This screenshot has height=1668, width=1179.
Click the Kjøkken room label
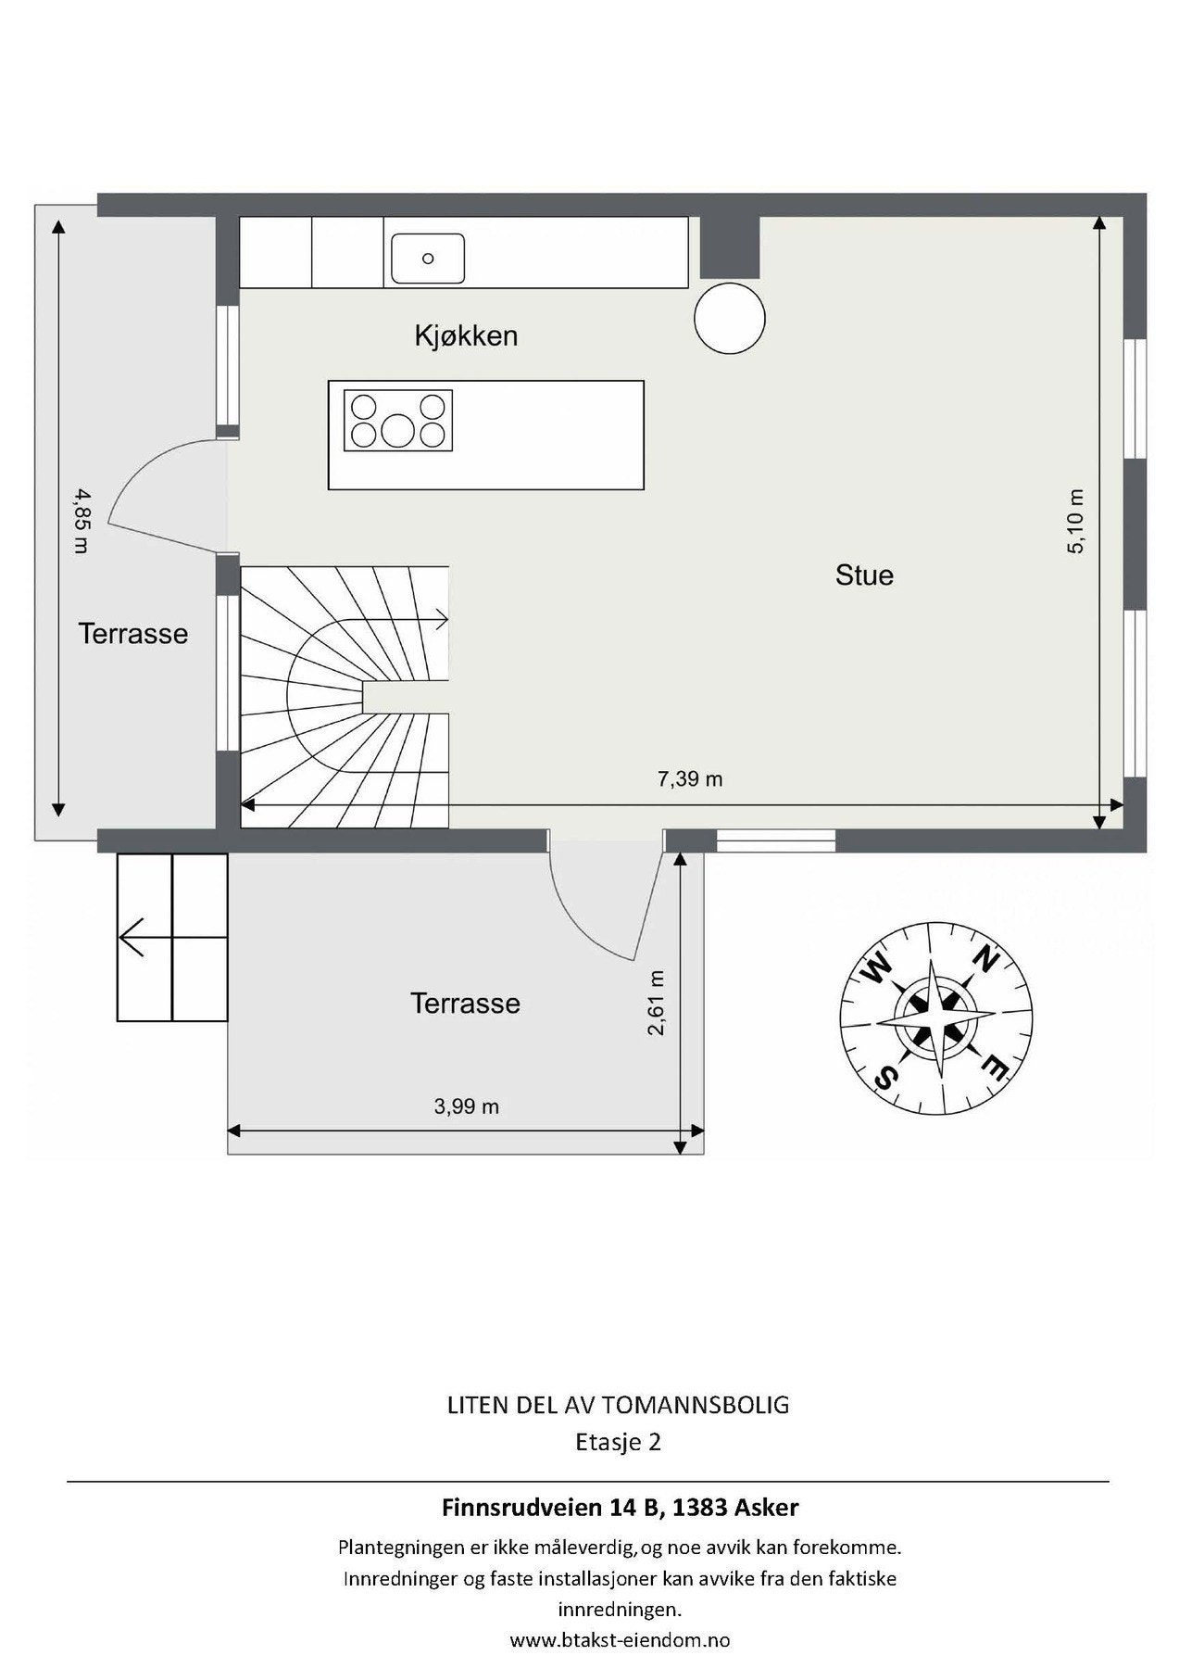coord(466,335)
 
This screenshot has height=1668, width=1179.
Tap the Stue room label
coord(864,575)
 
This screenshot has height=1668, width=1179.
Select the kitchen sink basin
coord(427,259)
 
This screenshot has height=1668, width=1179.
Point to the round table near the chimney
coord(730,317)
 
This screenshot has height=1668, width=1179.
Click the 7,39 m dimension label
coord(690,779)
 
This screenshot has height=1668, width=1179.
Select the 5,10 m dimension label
coord(1075,522)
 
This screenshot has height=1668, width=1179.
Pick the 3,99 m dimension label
coord(467,1106)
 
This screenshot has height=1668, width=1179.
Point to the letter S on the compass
coord(886,1077)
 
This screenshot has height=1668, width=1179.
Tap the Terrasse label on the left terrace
coord(133,634)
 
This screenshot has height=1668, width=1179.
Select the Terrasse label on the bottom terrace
coord(466,1004)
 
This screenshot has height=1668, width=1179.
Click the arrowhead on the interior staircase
coord(444,619)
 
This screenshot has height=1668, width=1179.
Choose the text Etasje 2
coord(618,1443)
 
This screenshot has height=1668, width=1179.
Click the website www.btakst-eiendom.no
coord(620,1640)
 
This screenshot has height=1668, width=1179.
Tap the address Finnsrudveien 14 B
coord(553,1508)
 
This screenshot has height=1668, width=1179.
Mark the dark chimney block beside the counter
coord(729,247)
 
